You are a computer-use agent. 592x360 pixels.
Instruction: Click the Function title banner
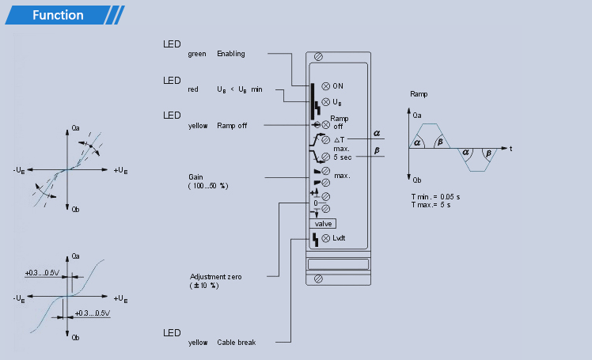pos(64,15)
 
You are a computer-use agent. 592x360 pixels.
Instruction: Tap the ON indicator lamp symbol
pos(325,86)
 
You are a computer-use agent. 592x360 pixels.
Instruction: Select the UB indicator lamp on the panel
pos(325,102)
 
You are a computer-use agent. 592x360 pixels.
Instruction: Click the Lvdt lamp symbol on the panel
pos(325,238)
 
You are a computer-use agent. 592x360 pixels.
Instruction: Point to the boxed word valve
pos(323,224)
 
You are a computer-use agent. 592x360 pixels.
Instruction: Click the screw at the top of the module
pos(318,57)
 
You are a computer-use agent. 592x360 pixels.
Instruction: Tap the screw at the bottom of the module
pos(318,279)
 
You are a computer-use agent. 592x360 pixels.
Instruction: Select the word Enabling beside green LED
pos(230,54)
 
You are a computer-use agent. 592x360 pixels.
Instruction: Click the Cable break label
pos(237,343)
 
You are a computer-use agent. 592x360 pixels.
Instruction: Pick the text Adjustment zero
pos(215,277)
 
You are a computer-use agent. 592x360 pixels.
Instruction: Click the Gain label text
pos(195,177)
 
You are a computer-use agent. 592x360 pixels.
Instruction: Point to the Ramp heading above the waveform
pos(419,94)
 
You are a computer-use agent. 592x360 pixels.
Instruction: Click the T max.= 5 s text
pos(431,205)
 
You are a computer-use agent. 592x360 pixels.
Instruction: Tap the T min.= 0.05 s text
pos(435,196)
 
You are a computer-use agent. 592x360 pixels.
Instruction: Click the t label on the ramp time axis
pos(510,149)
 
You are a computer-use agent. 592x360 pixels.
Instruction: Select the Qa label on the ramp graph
pos(417,116)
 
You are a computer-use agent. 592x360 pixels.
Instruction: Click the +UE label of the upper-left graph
pos(120,171)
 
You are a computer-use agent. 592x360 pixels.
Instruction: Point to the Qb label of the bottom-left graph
pos(75,338)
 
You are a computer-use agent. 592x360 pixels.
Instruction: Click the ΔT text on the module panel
pos(339,140)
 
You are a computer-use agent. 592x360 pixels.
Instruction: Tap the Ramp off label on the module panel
pos(339,123)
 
